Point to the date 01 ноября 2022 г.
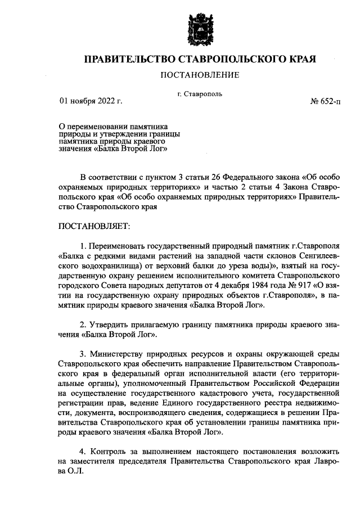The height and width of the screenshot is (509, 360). (x=91, y=102)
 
